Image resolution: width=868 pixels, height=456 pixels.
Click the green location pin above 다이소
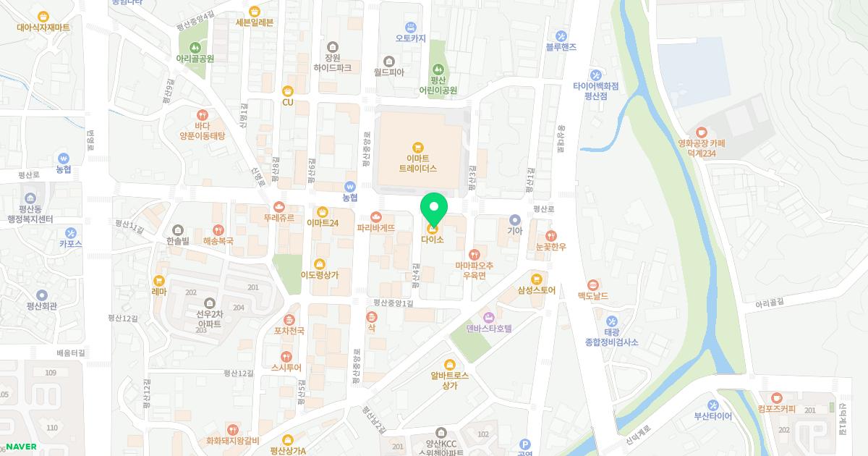434,209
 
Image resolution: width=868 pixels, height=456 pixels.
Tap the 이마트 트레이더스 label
417,163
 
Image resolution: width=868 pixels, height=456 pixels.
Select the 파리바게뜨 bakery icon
376,216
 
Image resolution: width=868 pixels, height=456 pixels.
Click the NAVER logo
20,446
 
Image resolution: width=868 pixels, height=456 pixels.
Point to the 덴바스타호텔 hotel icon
489,317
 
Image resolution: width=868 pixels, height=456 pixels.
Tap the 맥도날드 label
592,296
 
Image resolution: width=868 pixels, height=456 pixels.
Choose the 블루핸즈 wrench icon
561,35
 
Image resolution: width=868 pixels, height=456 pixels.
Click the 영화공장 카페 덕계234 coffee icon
701,132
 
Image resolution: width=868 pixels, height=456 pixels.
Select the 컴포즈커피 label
776,409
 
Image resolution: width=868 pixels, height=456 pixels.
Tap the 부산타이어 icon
712,405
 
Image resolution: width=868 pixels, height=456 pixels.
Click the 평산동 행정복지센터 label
30,214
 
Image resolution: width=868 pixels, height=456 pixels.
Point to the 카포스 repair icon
70,233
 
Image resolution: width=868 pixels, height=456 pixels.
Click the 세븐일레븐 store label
255,22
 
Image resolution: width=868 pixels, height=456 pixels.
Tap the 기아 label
514,231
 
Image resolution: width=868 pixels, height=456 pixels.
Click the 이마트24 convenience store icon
323,211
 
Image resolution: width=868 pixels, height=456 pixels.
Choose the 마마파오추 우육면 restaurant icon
474,254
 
